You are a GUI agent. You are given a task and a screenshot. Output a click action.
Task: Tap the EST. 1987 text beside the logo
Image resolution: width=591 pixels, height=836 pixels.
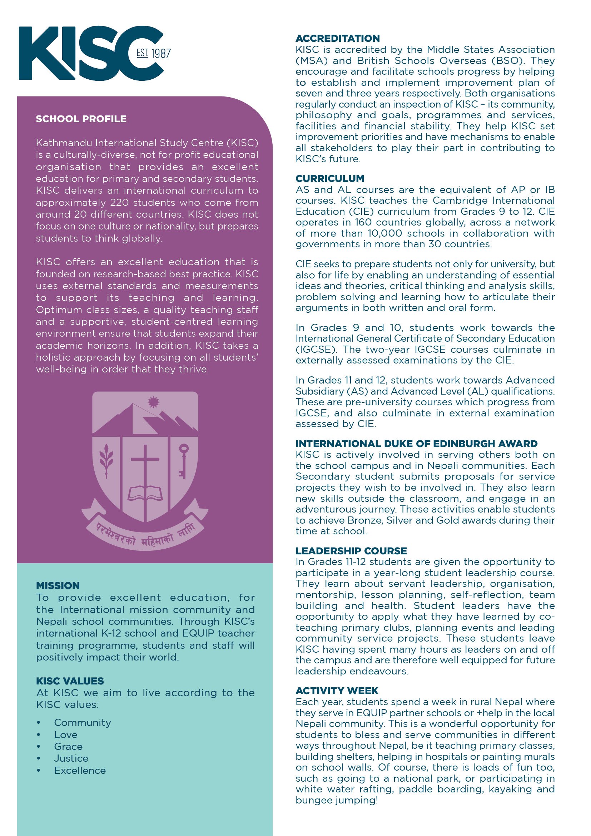154,54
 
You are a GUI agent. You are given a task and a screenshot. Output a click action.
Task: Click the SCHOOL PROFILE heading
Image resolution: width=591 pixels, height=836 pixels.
81,119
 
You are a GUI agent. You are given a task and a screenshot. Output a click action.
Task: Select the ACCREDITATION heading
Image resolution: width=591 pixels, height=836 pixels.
338,39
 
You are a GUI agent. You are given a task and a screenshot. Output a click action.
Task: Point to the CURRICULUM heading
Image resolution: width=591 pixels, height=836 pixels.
330,178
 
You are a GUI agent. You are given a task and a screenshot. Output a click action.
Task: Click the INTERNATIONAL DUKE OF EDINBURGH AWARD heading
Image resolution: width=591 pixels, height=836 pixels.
416,444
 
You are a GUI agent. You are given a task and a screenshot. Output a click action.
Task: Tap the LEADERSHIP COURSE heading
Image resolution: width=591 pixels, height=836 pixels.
351,551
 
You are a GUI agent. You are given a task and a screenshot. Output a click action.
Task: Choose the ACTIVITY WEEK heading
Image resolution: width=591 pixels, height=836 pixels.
337,691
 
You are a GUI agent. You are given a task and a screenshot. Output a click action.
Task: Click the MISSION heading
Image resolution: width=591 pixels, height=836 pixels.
58,585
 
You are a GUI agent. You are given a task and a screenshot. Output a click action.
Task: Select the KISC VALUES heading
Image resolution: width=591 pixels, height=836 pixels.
70,681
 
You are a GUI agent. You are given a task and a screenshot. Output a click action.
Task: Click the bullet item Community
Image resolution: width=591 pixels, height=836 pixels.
83,722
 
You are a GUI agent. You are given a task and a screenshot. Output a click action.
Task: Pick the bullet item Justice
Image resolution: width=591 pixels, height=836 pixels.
71,758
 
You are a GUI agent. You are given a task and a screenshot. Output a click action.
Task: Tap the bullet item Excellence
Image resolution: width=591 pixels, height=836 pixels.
80,771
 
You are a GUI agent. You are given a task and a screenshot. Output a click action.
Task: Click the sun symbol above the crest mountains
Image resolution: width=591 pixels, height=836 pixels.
153,402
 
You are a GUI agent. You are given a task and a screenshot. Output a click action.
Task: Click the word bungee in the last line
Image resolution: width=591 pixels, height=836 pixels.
314,800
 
